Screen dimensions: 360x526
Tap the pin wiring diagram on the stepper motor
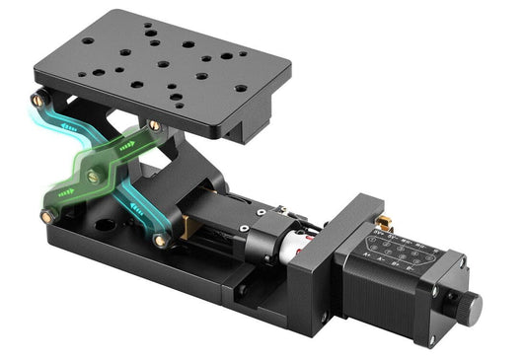(x=396, y=252)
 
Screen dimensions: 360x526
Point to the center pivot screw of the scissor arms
(x=93, y=177)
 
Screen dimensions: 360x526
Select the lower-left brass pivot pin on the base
(x=47, y=215)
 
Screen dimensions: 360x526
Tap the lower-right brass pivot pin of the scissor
(x=160, y=240)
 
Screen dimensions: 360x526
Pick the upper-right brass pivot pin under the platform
(x=154, y=125)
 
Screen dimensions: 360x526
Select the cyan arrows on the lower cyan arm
(x=133, y=211)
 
